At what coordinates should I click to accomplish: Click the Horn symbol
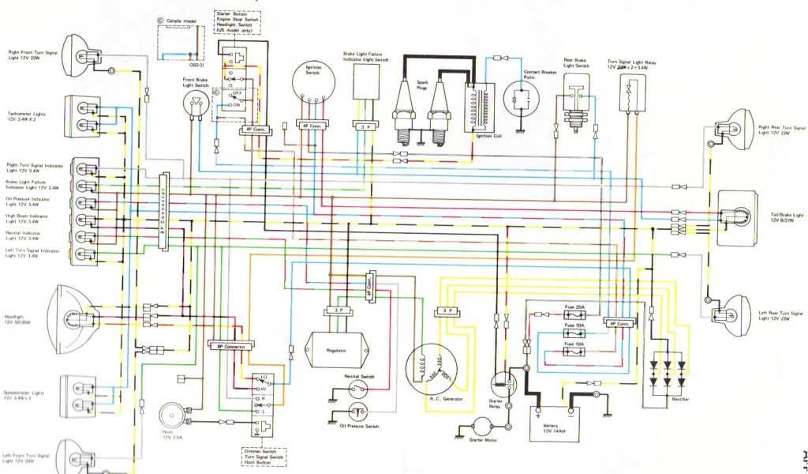coord(171,416)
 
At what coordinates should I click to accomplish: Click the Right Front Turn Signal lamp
coord(76,52)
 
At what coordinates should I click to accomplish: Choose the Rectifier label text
coord(679,400)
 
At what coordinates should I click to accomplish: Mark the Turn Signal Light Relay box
coord(632,92)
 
